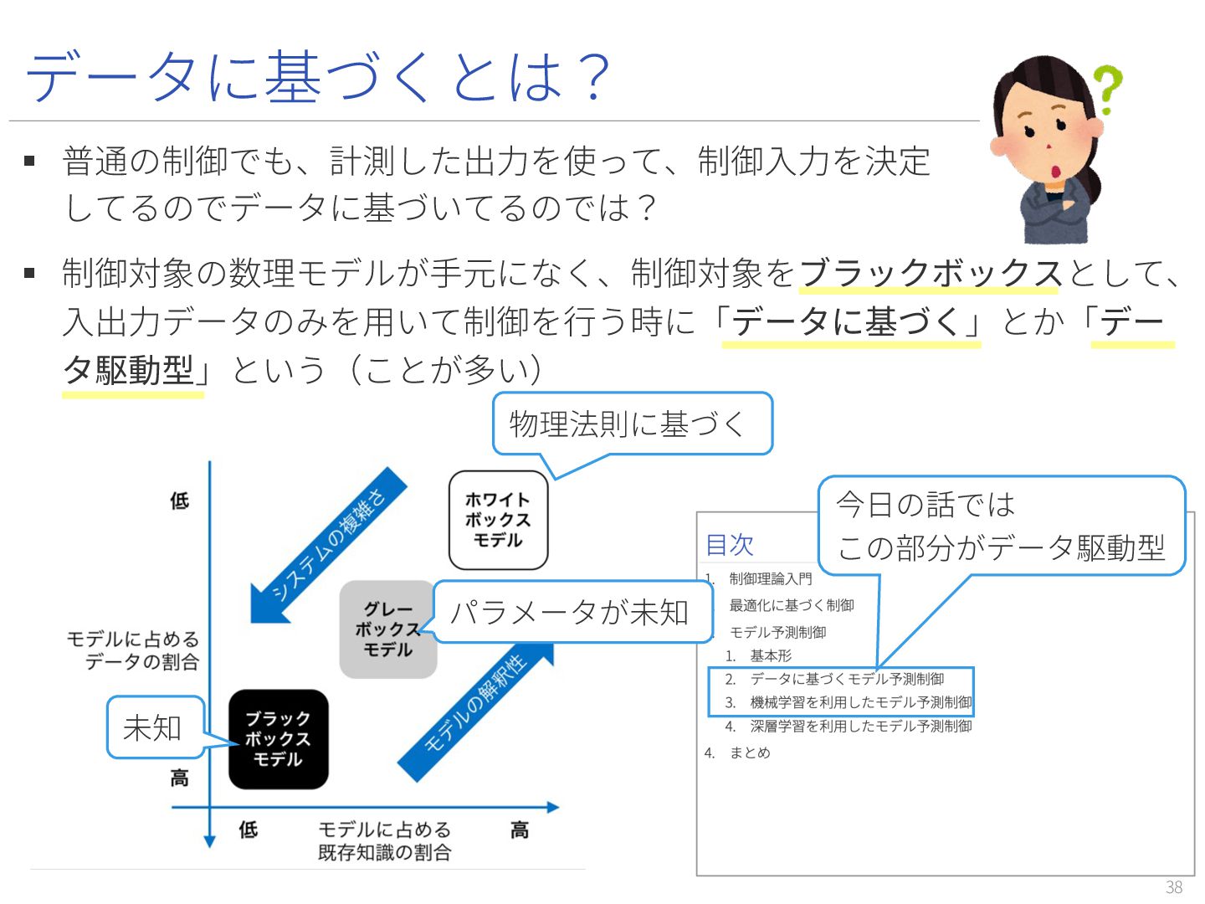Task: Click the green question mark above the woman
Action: (x=1107, y=88)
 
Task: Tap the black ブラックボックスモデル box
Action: (x=278, y=739)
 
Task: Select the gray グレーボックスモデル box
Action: (x=387, y=629)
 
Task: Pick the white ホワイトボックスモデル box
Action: (x=498, y=520)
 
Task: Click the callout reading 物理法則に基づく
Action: (x=631, y=424)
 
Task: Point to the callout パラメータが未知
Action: (x=572, y=612)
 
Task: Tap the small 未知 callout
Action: (x=154, y=727)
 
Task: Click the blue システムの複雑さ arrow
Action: (x=331, y=544)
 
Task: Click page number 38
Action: (x=1173, y=887)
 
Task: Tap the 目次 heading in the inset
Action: (x=730, y=545)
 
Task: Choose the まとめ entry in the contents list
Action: (x=749, y=752)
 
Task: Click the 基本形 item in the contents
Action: (x=770, y=655)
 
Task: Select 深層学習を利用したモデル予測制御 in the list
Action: (x=860, y=726)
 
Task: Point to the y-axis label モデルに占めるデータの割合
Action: (x=134, y=650)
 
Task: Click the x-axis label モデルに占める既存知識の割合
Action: (x=384, y=840)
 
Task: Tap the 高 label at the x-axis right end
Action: (x=520, y=830)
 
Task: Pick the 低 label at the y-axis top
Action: (x=180, y=501)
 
